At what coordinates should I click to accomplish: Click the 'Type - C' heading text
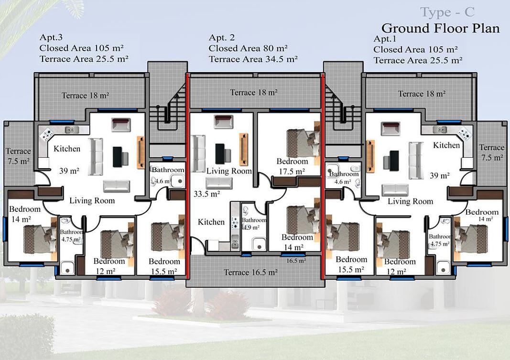(447, 12)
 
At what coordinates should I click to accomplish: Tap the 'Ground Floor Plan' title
(440, 28)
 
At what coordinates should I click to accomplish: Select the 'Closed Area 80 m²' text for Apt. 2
(248, 48)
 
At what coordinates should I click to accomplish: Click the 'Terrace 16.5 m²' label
(250, 272)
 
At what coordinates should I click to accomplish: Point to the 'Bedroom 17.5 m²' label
(292, 166)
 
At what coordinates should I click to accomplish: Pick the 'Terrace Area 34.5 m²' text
(253, 59)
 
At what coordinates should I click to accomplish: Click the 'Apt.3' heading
(51, 37)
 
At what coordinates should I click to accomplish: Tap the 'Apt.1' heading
(385, 39)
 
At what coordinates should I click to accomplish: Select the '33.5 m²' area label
(207, 194)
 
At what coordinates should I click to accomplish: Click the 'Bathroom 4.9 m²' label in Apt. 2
(254, 224)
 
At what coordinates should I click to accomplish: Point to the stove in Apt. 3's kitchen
(46, 134)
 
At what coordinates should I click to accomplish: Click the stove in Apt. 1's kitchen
(464, 133)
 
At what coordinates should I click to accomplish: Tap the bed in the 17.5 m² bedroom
(303, 142)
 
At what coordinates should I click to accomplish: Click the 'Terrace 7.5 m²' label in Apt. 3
(18, 156)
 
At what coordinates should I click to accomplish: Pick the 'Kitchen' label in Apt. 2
(211, 222)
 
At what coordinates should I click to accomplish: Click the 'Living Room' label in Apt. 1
(410, 202)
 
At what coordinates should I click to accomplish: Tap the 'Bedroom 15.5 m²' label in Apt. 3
(164, 266)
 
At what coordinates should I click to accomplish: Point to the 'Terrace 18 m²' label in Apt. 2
(254, 93)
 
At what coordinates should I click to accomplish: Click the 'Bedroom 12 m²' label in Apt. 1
(400, 266)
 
